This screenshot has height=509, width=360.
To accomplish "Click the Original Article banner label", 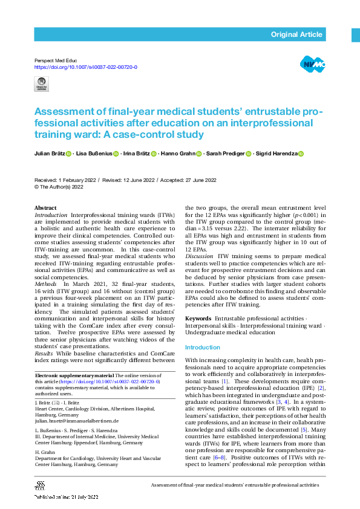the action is (296, 34).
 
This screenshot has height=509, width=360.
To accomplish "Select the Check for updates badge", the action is (41, 84).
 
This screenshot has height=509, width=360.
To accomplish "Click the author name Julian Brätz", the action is (50, 154).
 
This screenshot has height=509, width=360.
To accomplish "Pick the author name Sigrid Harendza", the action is (279, 154).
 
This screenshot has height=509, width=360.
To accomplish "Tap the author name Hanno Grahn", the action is (177, 154).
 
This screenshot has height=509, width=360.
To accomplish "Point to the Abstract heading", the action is (45, 208).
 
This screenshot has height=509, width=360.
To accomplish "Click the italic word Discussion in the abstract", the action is (198, 256).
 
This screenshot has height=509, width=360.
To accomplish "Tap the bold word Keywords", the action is (198, 318).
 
